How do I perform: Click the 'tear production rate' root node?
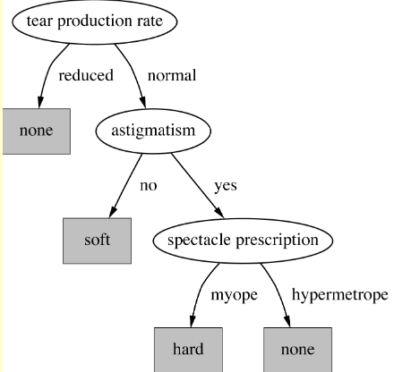pyautogui.click(x=95, y=21)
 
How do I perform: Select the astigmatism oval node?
pyautogui.click(x=153, y=131)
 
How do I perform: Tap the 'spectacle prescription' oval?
pyautogui.click(x=243, y=241)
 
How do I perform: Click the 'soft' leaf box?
pyautogui.click(x=97, y=241)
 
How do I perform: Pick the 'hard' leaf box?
pyautogui.click(x=188, y=350)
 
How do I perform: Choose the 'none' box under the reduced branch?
pyautogui.click(x=37, y=131)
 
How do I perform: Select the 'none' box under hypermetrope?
pyautogui.click(x=297, y=350)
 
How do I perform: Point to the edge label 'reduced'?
pyautogui.click(x=86, y=75)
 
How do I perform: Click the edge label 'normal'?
pyautogui.click(x=172, y=75)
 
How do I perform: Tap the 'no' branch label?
pyautogui.click(x=149, y=186)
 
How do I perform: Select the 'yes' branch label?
pyautogui.click(x=226, y=186)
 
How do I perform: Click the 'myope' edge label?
pyautogui.click(x=234, y=295)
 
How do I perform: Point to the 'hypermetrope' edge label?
pyautogui.click(x=340, y=295)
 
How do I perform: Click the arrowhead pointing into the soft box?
pyautogui.click(x=112, y=213)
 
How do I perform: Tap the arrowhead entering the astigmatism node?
pyautogui.click(x=143, y=103)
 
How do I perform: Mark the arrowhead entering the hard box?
pyautogui.click(x=193, y=322)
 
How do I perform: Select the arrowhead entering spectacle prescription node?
pyautogui.click(x=219, y=213)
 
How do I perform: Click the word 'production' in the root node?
pyautogui.click(x=95, y=21)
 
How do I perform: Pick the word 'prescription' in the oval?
pyautogui.click(x=278, y=241)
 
